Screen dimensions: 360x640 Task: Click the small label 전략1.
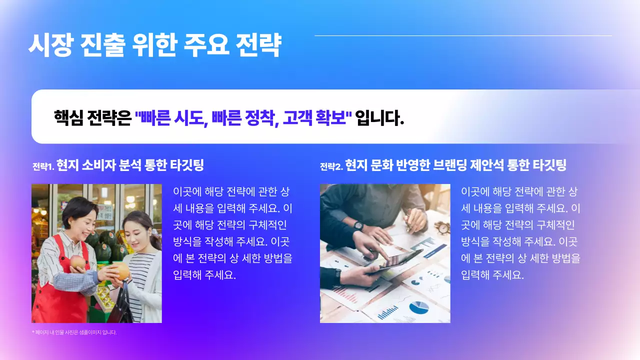click(x=43, y=166)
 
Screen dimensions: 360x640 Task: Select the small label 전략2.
click(x=331, y=166)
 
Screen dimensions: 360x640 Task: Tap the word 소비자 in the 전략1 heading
click(x=97, y=165)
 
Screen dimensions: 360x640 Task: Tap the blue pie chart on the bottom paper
click(x=418, y=306)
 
